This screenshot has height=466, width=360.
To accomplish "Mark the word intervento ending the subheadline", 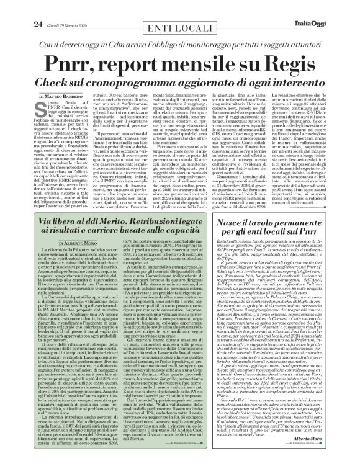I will click(x=290, y=83).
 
